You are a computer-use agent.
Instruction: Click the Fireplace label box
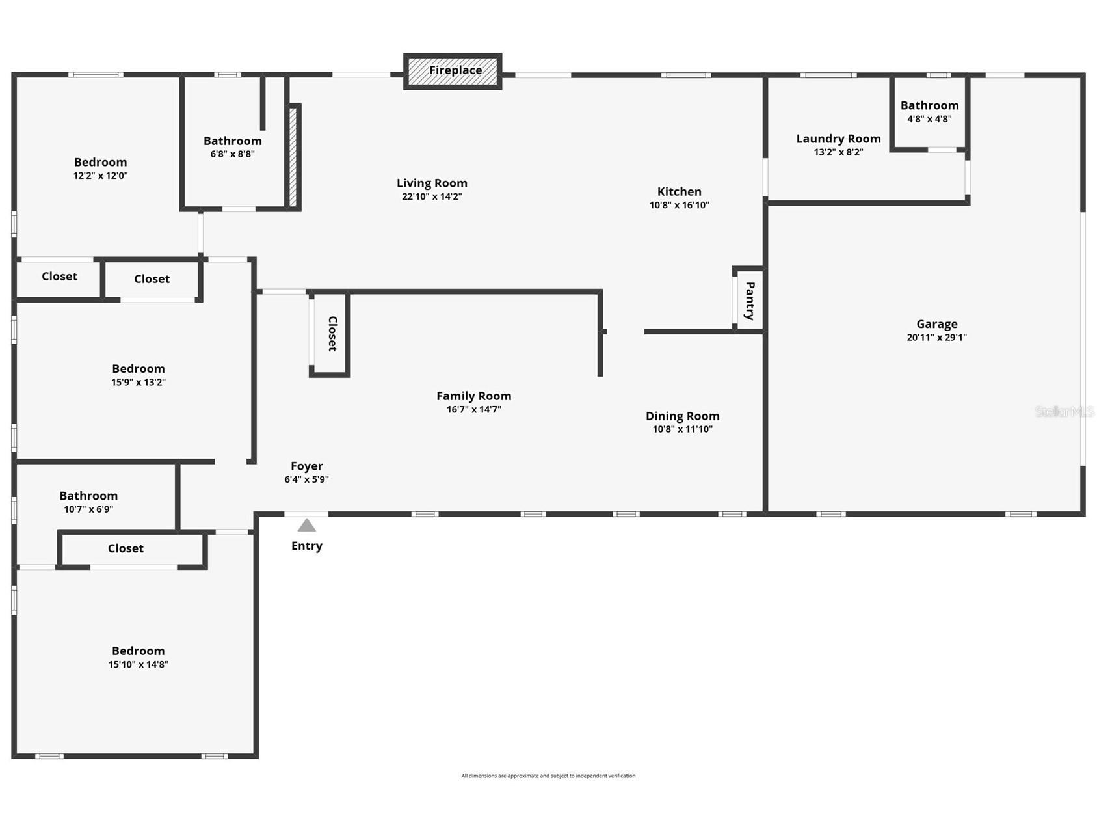point(453,71)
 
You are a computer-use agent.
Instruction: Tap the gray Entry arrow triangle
point(306,525)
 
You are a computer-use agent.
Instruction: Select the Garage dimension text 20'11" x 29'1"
point(936,337)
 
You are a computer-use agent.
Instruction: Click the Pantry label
point(750,301)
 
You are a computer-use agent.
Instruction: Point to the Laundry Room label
point(838,139)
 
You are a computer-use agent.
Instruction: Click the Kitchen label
point(679,191)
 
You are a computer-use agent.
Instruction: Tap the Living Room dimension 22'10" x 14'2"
point(432,196)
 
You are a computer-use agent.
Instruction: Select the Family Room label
point(473,396)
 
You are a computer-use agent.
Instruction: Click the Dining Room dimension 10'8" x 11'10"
point(682,429)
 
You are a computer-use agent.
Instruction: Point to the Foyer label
point(306,466)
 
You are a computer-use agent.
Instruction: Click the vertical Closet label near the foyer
point(332,334)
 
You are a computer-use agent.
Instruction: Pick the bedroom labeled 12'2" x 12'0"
point(100,168)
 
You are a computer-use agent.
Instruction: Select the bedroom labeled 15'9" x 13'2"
point(138,375)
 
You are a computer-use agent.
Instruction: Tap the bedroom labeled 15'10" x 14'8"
point(138,657)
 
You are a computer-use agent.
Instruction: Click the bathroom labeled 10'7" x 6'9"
point(88,502)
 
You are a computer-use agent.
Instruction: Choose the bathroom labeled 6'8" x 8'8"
point(232,146)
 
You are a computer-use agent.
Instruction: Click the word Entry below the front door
point(306,546)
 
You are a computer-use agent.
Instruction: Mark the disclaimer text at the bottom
point(548,776)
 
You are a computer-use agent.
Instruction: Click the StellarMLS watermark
point(1064,411)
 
